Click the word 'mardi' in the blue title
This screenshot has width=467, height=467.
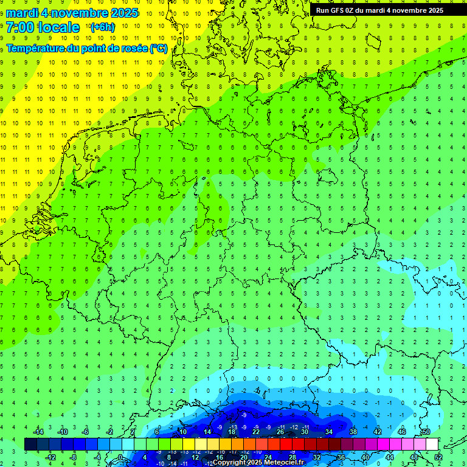pyautogui.click(x=22, y=13)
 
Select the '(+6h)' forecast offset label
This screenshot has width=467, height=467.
pyautogui.click(x=102, y=27)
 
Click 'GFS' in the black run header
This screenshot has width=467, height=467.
pyautogui.click(x=338, y=10)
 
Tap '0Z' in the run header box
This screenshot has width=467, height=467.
pyautogui.click(x=354, y=10)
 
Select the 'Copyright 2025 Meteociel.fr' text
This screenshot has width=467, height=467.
pyautogui.click(x=258, y=463)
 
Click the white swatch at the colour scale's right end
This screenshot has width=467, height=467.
pyautogui.click(x=432, y=444)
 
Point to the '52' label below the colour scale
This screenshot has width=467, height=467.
pyautogui.click(x=439, y=457)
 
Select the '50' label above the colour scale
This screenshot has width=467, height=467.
pyautogui.click(x=426, y=432)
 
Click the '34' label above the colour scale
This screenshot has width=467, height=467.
pyautogui.click(x=329, y=432)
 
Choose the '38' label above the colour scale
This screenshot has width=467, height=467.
pyautogui.click(x=353, y=432)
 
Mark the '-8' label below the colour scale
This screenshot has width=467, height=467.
pyautogui.click(x=74, y=457)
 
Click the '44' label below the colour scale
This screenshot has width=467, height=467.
pyautogui.click(x=390, y=457)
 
